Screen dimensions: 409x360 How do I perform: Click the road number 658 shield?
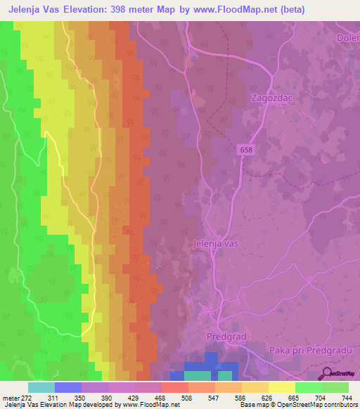click(x=245, y=150)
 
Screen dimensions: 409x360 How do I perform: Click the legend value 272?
click(x=27, y=398)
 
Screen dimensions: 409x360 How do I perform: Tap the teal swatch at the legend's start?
click(x=41, y=387)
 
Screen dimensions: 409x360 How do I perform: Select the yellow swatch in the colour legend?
click(x=281, y=387)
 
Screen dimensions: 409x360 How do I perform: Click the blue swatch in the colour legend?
click(x=67, y=387)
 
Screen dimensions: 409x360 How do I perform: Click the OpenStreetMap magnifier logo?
click(x=326, y=373)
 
